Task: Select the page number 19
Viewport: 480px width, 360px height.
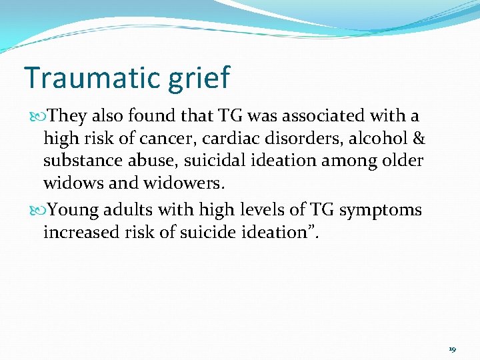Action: pos(452,349)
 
